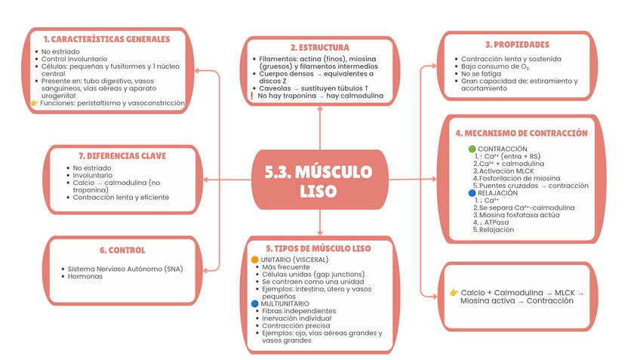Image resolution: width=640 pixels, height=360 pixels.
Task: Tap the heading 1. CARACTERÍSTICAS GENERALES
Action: click(x=106, y=38)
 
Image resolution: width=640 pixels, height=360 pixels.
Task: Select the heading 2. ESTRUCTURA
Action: click(x=319, y=47)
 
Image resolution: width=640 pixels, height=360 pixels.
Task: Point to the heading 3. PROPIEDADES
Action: click(x=517, y=45)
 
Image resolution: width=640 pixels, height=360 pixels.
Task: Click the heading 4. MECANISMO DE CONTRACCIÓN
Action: click(x=522, y=133)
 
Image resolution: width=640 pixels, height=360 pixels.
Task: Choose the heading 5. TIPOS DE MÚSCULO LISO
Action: click(x=318, y=248)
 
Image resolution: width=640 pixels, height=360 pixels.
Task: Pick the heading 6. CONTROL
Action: click(x=122, y=250)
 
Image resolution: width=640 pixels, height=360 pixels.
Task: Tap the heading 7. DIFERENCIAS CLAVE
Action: click(x=122, y=155)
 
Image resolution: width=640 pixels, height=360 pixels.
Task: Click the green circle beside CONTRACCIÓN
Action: click(x=472, y=149)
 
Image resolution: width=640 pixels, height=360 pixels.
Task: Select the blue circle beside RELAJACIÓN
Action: click(x=472, y=193)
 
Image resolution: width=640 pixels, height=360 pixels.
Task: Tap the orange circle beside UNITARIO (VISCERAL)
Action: click(x=255, y=260)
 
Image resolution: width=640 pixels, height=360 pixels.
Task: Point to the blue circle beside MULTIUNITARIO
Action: click(x=255, y=303)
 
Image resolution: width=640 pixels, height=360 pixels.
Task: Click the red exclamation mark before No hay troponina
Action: click(x=251, y=96)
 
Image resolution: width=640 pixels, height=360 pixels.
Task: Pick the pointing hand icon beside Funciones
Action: click(x=34, y=103)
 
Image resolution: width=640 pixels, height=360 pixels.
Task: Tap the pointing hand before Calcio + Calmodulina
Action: click(x=454, y=292)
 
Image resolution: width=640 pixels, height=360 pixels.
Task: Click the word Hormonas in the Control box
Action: click(x=85, y=276)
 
